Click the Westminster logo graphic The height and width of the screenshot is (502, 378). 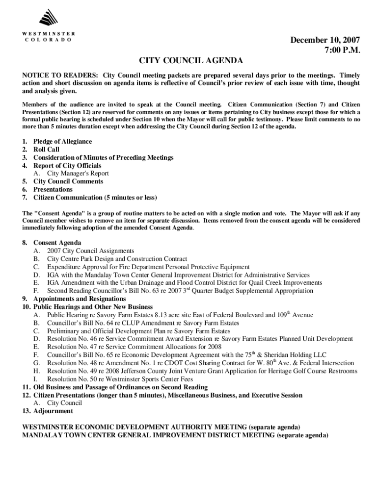tap(48, 19)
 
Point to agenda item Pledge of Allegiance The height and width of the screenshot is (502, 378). tap(62, 142)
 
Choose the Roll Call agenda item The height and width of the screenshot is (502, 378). tap(46, 150)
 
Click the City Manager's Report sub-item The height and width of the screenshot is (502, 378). tap(78, 174)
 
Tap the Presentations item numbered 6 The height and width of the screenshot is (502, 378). tap(53, 189)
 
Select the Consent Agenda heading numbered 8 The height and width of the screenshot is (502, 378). tap(57, 243)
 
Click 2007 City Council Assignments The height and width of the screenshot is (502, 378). tap(90, 251)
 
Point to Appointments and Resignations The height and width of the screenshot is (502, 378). tap(80, 299)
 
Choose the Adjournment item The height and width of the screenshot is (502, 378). tap(53, 411)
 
